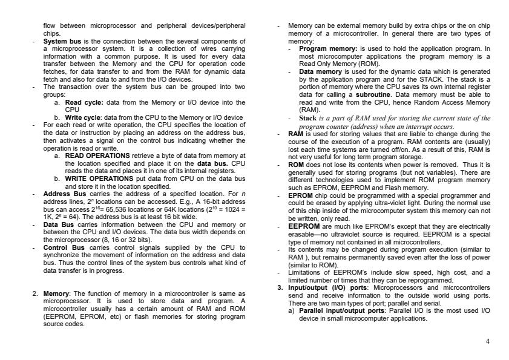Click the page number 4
(488, 341)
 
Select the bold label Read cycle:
(80, 103)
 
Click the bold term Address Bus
(60, 194)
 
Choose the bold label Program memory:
(328, 48)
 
